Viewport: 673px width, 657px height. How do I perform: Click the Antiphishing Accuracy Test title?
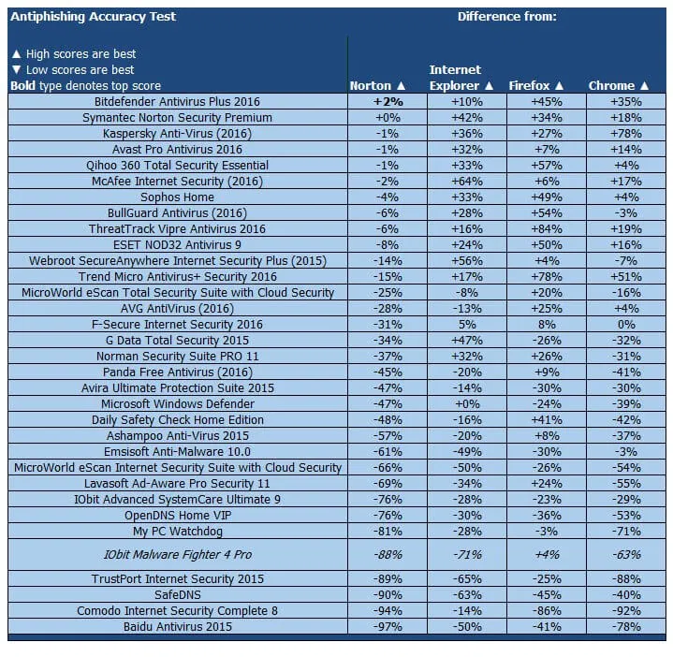(93, 17)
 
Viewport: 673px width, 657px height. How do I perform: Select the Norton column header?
(377, 86)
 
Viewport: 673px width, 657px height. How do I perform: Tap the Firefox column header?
(536, 86)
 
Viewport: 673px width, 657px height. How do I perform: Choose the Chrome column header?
(619, 86)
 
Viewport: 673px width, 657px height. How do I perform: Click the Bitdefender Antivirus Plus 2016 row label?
(177, 102)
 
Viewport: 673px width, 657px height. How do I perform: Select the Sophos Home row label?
(177, 197)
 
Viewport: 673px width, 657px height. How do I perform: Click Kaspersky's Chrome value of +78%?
(625, 134)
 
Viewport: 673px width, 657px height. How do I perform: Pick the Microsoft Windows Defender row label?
(177, 404)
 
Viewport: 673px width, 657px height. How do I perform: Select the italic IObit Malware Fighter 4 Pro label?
(177, 555)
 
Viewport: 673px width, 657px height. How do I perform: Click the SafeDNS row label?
(177, 595)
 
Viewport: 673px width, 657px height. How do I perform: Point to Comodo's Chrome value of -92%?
(625, 611)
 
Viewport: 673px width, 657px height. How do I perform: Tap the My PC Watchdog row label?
(177, 532)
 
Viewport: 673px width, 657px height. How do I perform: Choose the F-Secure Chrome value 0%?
(625, 325)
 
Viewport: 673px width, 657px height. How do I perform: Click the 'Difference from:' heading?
(506, 17)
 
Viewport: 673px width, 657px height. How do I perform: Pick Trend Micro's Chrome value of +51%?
(625, 277)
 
